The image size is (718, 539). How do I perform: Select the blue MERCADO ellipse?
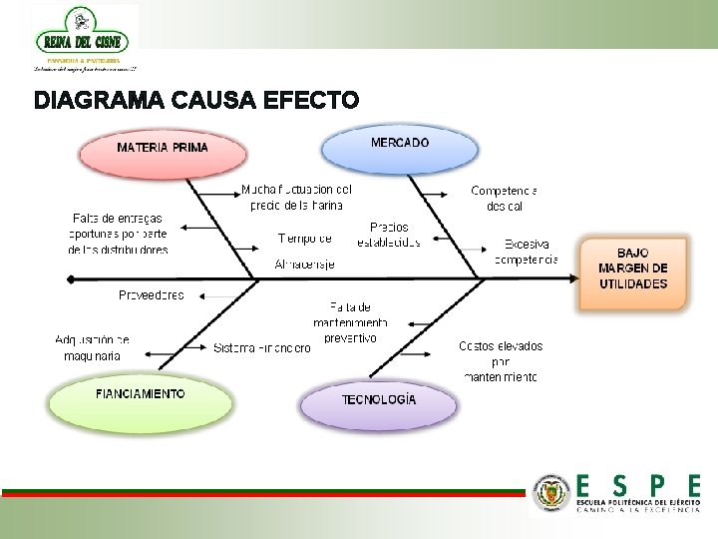[x=399, y=146]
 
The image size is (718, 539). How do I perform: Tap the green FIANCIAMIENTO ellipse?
[x=140, y=396]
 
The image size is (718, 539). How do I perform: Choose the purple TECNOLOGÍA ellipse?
[x=379, y=401]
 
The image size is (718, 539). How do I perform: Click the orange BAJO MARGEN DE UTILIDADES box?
[x=633, y=269]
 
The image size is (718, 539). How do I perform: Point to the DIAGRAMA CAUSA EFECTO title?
[x=195, y=101]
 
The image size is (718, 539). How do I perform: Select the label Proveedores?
[x=152, y=294]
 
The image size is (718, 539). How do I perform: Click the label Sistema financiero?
[x=261, y=347]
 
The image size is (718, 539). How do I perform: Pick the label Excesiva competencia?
[x=527, y=252]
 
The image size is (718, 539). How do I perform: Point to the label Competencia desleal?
[x=504, y=198]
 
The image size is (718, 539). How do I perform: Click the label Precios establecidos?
[x=389, y=235]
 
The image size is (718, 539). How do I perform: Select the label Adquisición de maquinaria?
[x=92, y=347]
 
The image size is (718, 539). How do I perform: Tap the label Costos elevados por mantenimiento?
[x=501, y=361]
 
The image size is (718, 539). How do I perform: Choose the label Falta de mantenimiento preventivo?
[x=350, y=322]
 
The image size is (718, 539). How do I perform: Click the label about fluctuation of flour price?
[x=296, y=197]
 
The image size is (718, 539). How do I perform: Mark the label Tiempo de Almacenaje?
[x=305, y=251]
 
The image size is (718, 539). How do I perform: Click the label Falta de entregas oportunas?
[x=118, y=234]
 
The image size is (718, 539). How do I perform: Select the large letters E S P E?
[x=638, y=486]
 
